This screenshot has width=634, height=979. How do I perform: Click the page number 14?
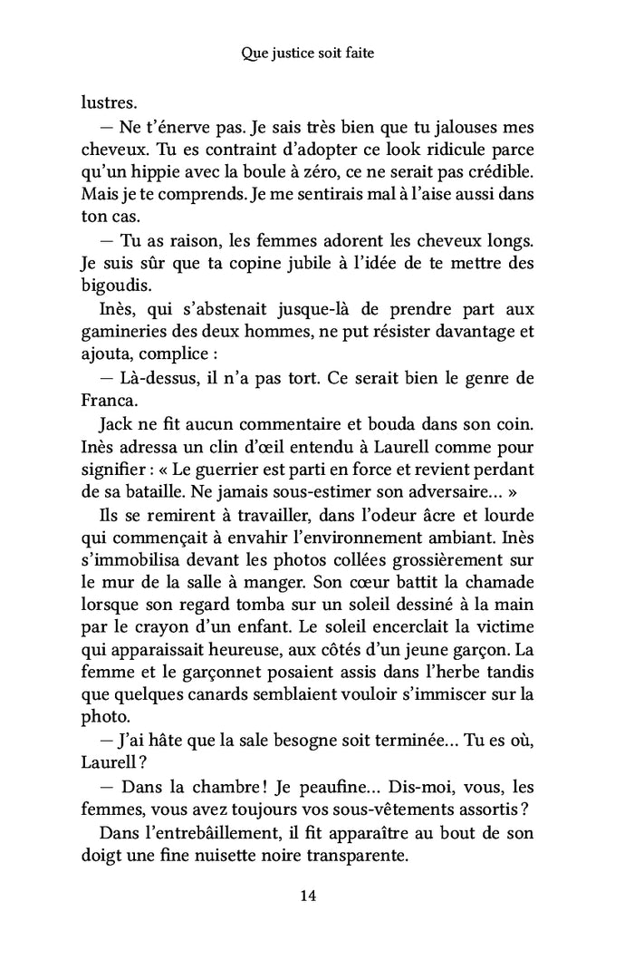[307, 897]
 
